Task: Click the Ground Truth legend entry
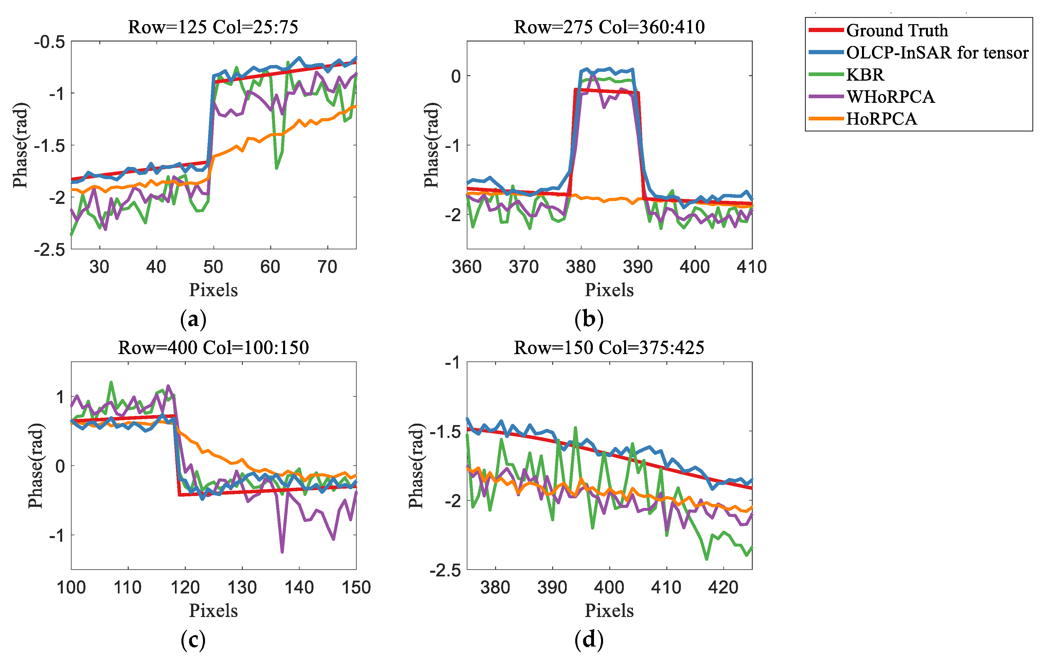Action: (897, 30)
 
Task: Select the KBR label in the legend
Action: (865, 75)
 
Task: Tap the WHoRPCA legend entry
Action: (890, 97)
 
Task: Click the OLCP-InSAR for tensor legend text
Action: (937, 53)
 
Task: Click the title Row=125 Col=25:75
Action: (213, 27)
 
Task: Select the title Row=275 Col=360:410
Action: (609, 27)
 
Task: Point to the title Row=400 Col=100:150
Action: (213, 347)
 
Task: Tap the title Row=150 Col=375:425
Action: (609, 347)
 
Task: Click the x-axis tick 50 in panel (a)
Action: (213, 267)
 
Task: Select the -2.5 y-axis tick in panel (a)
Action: (49, 249)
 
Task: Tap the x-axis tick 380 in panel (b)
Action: (581, 267)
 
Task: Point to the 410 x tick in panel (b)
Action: (752, 267)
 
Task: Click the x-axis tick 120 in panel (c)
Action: (185, 587)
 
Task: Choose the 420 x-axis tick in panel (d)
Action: (723, 587)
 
